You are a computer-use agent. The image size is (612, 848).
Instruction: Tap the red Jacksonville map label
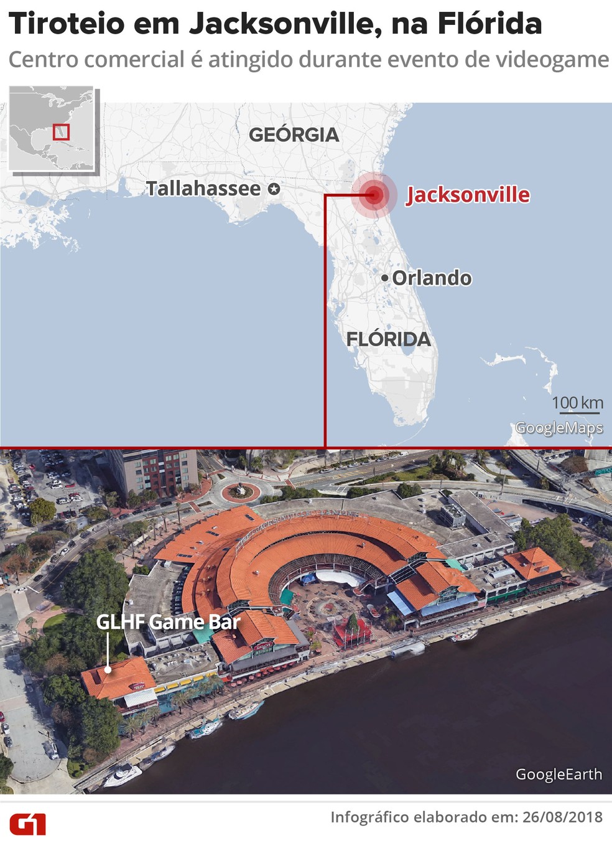point(468,195)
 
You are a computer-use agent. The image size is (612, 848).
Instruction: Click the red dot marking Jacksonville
point(374,195)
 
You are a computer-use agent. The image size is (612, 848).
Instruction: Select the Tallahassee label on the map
point(203,188)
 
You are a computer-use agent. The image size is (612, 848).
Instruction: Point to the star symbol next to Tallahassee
point(274,189)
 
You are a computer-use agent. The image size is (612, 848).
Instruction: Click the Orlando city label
point(432,278)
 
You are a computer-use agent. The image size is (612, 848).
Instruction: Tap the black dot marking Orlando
point(385,278)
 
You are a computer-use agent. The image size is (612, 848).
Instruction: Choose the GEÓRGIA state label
point(294,134)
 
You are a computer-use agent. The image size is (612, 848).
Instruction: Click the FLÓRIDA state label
point(388,339)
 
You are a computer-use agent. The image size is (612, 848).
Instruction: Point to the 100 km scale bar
point(577,411)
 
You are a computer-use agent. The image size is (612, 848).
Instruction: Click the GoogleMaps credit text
point(559,428)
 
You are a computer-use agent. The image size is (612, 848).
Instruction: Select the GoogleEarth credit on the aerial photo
point(559,774)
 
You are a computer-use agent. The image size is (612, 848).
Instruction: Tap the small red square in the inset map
point(61,132)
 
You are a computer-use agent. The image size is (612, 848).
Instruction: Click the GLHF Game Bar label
point(168,621)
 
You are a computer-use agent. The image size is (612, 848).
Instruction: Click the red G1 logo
point(27,824)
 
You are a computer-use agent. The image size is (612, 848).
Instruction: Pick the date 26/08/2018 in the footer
point(562,817)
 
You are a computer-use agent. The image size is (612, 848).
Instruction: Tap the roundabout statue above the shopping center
point(240,491)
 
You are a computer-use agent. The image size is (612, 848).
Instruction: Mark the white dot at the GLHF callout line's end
point(108,670)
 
